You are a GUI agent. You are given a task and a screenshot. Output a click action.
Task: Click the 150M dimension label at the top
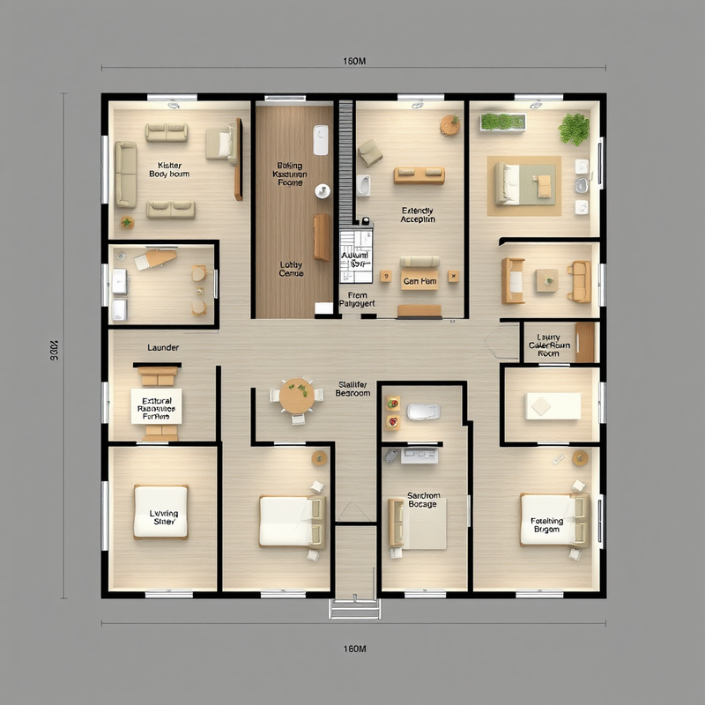tap(353, 62)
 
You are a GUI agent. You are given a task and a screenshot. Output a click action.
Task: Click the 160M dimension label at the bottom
tap(353, 649)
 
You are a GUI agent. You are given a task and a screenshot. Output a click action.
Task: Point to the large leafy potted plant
tap(574, 129)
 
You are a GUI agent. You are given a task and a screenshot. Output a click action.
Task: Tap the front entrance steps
tap(355, 608)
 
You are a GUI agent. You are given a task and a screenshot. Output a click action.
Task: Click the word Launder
tap(163, 348)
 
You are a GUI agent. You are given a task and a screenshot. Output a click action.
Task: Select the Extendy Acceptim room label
tap(418, 216)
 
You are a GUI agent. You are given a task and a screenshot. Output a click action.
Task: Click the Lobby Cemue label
tap(291, 269)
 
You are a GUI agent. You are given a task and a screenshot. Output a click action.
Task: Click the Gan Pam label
tap(419, 282)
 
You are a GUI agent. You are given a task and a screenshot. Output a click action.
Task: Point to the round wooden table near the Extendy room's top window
tap(450, 126)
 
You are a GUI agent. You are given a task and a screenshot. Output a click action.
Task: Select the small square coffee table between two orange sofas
tap(547, 279)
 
